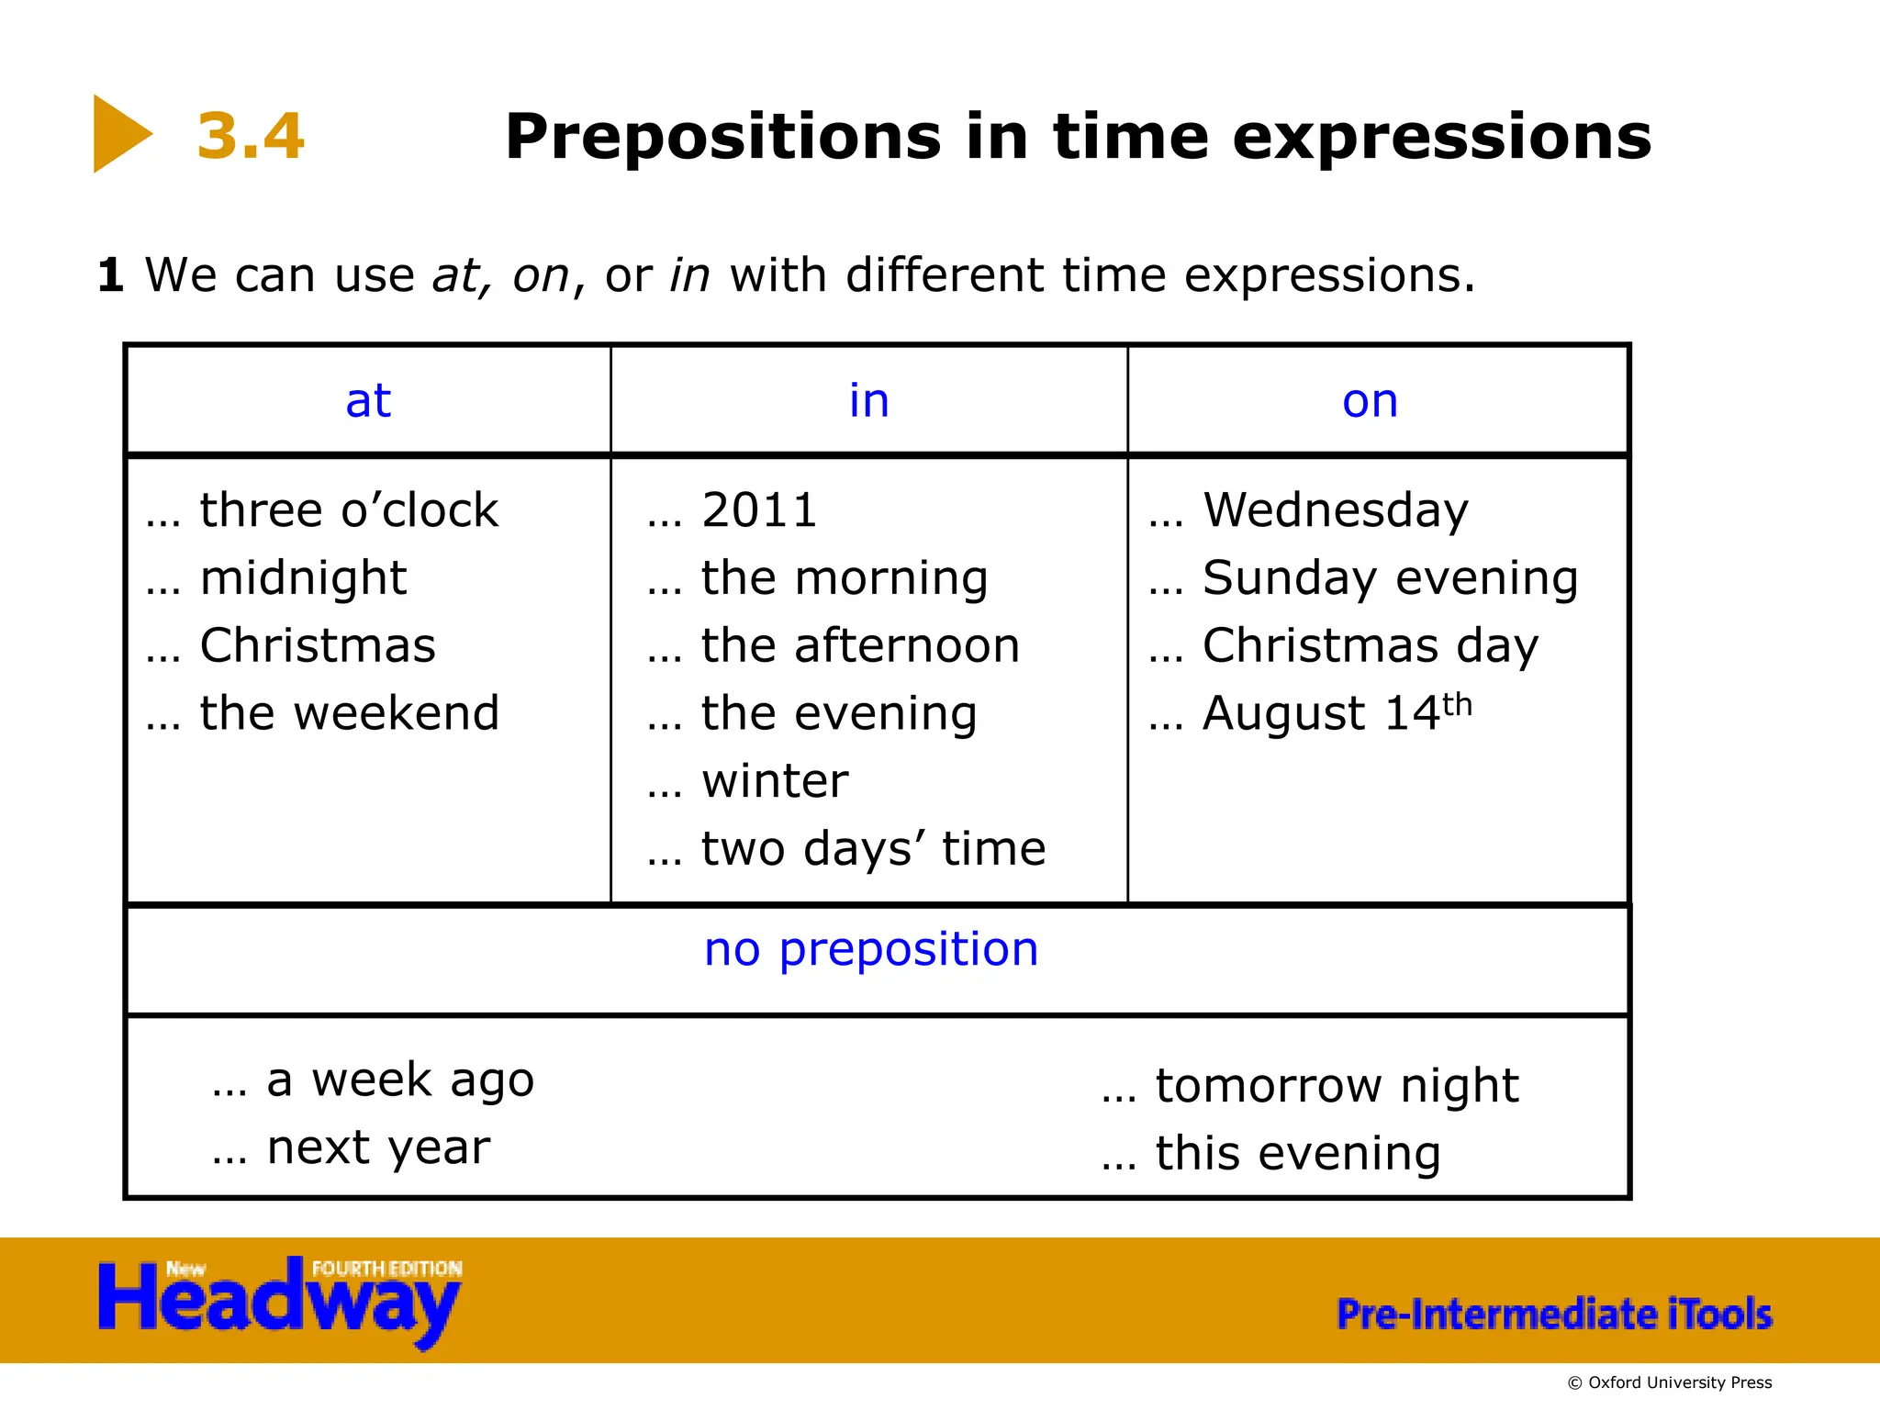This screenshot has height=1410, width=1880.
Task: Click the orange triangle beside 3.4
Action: [119, 134]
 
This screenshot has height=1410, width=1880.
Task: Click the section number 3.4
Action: [251, 136]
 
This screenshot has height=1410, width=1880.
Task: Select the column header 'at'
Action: [368, 401]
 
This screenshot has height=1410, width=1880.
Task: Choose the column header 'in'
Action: [868, 401]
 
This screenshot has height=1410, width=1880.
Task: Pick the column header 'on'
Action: [1370, 401]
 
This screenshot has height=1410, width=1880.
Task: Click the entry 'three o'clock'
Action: [348, 510]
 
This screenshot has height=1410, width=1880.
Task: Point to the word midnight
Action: [303, 578]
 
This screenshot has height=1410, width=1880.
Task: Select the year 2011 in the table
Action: [759, 510]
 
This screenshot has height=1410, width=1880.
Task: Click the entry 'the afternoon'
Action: [860, 645]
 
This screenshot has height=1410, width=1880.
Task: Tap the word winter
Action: [775, 781]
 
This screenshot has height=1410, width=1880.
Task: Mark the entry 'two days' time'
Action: [873, 849]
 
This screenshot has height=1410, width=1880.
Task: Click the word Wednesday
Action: [1336, 510]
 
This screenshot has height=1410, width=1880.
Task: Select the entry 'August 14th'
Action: [1337, 713]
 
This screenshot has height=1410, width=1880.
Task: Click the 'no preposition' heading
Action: [871, 949]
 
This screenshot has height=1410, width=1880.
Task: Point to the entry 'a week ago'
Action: [400, 1080]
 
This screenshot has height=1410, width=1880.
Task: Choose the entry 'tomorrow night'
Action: [1337, 1086]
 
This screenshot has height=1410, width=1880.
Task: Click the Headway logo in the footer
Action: [280, 1302]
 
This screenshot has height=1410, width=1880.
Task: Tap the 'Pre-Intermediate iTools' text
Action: [1554, 1314]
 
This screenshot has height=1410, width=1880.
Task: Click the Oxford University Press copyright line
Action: [1670, 1382]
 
